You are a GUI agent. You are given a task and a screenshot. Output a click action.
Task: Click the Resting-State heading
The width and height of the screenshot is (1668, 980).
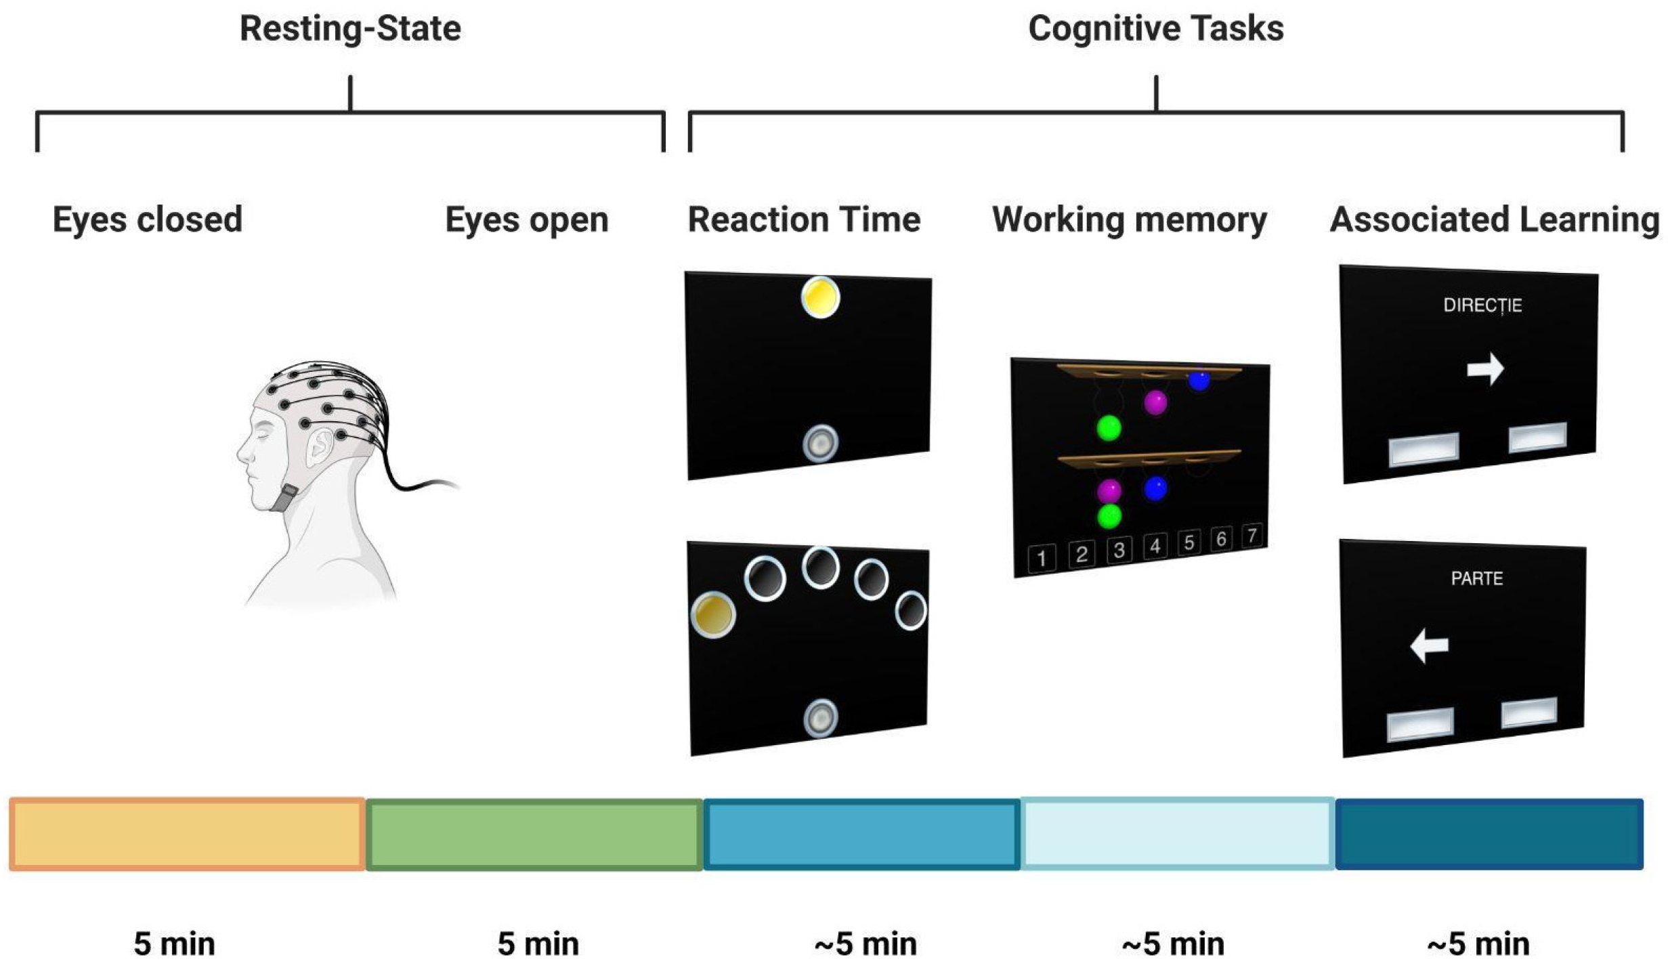click(x=350, y=29)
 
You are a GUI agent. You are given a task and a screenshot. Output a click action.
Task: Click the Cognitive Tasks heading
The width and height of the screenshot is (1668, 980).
click(x=1155, y=29)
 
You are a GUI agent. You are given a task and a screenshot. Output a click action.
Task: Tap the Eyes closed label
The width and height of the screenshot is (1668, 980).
click(x=147, y=219)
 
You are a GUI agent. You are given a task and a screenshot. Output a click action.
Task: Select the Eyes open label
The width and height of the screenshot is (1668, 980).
click(x=526, y=219)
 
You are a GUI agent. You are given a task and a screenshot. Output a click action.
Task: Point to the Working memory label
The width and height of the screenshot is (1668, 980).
click(x=1129, y=219)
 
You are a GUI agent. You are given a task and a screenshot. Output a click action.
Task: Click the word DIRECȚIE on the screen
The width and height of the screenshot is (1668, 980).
click(x=1482, y=305)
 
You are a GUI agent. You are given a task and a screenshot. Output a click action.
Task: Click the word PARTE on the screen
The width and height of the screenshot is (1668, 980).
click(x=1476, y=578)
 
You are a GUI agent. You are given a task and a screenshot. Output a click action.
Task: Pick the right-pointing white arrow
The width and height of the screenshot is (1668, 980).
click(x=1485, y=369)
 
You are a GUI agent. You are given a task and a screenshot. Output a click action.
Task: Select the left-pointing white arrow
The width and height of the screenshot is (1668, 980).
click(x=1429, y=645)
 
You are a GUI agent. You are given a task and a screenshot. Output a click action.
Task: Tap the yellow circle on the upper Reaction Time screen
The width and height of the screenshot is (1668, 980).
click(x=820, y=297)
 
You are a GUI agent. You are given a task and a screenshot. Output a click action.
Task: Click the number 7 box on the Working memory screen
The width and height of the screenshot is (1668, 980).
click(x=1252, y=536)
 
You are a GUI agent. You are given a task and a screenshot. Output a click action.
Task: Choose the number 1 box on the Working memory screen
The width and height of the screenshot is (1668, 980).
click(x=1042, y=559)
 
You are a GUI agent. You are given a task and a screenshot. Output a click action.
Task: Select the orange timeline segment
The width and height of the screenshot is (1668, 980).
click(x=188, y=834)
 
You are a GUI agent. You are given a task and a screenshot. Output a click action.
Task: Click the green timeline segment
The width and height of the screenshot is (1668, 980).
click(x=534, y=834)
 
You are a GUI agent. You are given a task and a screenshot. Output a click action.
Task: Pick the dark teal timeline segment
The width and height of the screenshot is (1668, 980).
click(x=1489, y=834)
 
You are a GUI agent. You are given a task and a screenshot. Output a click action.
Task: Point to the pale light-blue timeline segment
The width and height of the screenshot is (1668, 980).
click(x=1177, y=834)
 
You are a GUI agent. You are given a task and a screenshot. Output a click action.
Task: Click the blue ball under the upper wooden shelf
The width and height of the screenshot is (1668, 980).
click(x=1199, y=381)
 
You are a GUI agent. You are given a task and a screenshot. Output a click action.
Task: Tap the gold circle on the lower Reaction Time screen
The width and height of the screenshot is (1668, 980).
click(x=712, y=614)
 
